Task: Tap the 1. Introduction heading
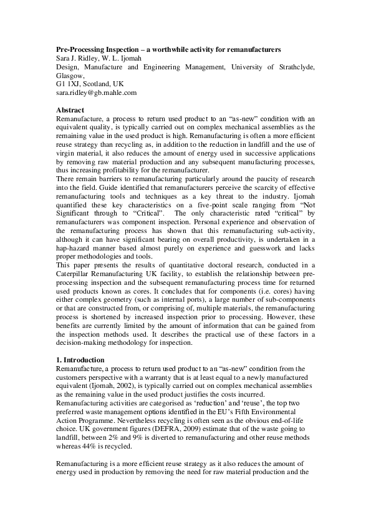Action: (82, 360)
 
